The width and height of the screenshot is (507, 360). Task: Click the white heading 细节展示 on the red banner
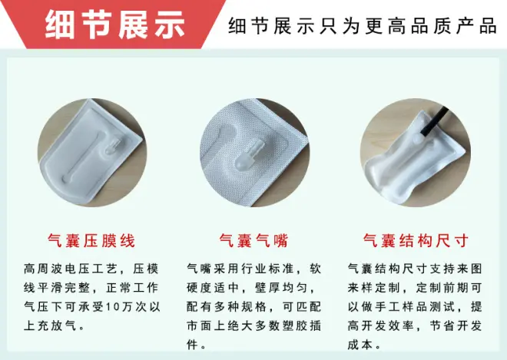coord(114,25)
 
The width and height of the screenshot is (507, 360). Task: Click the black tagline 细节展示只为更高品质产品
coord(363,25)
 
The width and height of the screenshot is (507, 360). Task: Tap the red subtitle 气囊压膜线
coord(91,241)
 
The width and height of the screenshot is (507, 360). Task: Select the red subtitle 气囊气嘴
coord(253,241)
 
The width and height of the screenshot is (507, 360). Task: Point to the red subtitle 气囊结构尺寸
coord(416,241)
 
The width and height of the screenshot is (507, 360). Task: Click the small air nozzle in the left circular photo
coord(114,147)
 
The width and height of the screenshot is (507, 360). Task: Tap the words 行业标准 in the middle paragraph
coord(267,269)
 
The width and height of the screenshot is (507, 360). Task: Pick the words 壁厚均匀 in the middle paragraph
coord(280,288)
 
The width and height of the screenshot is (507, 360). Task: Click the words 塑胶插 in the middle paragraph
coord(301,325)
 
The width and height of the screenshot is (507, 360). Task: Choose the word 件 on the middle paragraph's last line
coord(192,345)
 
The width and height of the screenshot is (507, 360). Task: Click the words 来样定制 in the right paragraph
coord(374,288)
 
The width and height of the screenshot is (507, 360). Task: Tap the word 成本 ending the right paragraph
coord(360,345)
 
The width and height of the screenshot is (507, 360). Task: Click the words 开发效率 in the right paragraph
coord(388,325)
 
